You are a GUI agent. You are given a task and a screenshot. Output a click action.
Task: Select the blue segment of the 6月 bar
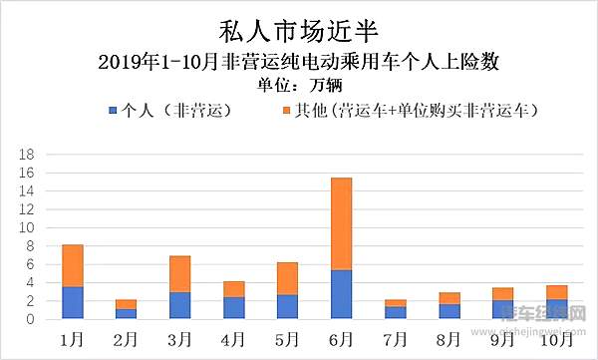click(341, 294)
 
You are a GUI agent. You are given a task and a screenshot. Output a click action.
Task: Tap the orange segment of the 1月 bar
click(72, 265)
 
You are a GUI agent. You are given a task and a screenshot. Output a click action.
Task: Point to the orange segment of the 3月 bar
click(179, 274)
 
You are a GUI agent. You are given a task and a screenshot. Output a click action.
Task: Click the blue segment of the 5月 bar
click(287, 307)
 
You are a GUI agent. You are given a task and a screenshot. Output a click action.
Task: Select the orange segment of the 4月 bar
click(233, 289)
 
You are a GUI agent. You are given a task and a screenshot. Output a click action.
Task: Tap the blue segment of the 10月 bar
click(556, 309)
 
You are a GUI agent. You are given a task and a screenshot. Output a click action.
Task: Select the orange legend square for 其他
click(287, 110)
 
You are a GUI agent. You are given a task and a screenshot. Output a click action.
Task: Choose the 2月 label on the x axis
click(126, 338)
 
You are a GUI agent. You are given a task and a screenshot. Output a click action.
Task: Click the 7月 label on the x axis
click(395, 338)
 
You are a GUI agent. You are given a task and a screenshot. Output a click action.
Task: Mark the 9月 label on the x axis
click(502, 338)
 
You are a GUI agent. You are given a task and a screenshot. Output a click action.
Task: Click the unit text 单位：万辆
click(298, 84)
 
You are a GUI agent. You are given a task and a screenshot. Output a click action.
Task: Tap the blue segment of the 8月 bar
click(448, 311)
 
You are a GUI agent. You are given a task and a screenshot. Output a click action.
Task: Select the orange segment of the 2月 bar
click(126, 304)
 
